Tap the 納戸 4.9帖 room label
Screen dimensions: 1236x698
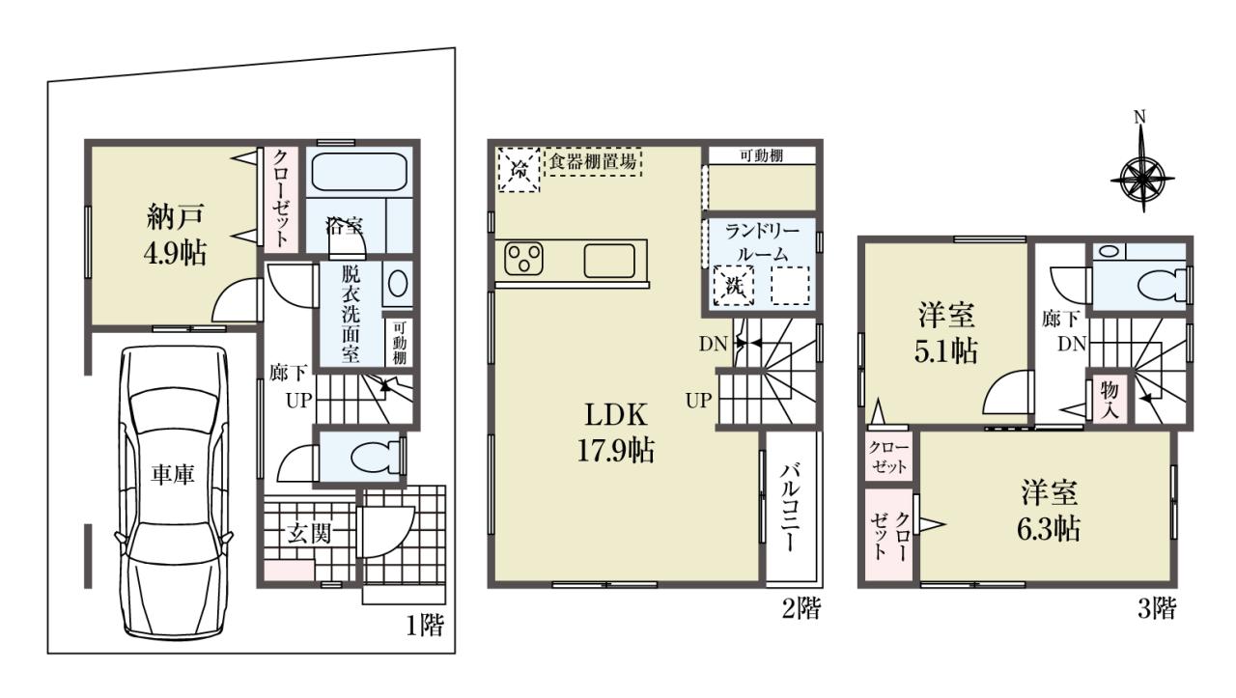(176, 234)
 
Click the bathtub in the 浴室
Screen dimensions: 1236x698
(359, 172)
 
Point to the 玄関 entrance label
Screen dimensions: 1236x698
(309, 534)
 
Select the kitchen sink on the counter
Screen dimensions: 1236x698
(609, 261)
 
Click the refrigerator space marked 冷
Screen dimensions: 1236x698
(519, 169)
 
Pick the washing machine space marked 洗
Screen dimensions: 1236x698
(733, 285)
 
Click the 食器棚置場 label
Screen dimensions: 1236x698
(593, 161)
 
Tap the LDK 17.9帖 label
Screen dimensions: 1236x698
(616, 433)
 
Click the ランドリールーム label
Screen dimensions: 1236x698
(762, 242)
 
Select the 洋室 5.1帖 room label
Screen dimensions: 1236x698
(945, 333)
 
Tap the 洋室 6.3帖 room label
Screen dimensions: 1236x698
(1049, 511)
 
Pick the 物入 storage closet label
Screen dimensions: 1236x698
(1110, 400)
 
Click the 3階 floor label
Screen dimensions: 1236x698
(1157, 607)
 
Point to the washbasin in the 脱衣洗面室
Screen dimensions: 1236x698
(398, 284)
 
